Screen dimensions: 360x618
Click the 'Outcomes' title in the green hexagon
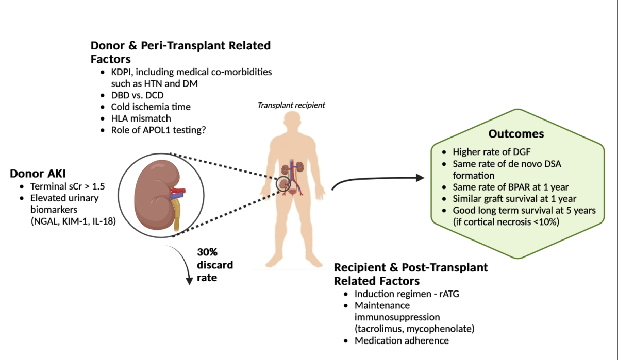516,134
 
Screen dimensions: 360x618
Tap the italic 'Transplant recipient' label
291,106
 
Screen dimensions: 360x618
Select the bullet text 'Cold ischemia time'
151,107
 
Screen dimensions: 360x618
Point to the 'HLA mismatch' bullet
141,118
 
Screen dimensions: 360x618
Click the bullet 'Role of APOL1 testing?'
159,130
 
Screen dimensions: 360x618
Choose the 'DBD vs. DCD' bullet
138,95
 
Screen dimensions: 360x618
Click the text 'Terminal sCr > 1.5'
65,186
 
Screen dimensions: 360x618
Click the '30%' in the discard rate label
207,252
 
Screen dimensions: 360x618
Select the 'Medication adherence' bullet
402,340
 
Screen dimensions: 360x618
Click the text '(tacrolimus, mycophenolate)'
414,329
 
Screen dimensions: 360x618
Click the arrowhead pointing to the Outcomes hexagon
417,178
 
